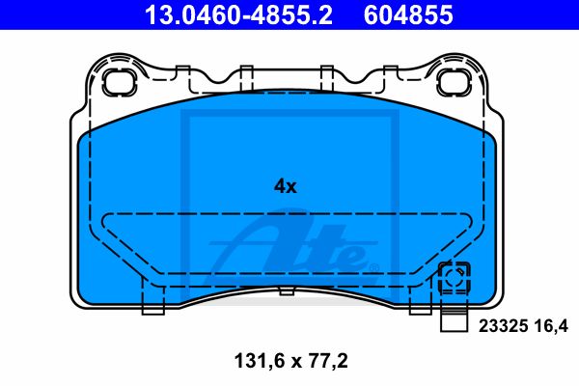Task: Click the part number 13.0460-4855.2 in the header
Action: click(238, 14)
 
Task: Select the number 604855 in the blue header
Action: click(408, 14)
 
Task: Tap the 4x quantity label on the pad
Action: click(285, 186)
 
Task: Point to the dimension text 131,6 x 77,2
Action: click(291, 361)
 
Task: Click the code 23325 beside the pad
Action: click(503, 326)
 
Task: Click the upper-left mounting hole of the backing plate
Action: click(119, 82)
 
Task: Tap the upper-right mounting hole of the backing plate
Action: click(453, 82)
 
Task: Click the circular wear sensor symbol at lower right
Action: click(454, 278)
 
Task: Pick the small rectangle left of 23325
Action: click(454, 322)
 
